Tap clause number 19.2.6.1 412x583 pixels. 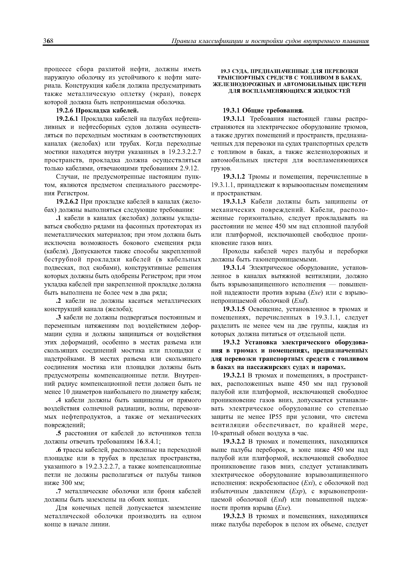click(x=67, y=119)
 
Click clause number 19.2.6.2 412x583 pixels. click(x=67, y=202)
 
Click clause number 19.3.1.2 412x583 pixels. click(x=235, y=177)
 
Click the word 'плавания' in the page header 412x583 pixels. click(x=355, y=41)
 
